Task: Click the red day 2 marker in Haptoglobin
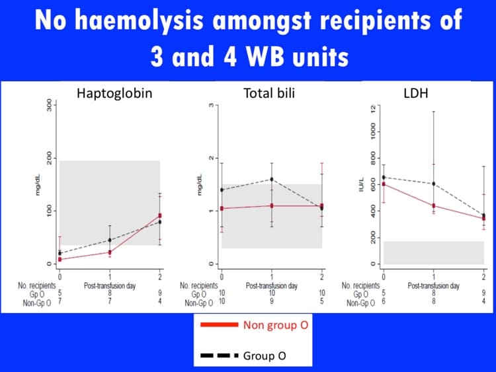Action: (159, 216)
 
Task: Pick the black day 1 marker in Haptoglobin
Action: (110, 240)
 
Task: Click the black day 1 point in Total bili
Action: (272, 179)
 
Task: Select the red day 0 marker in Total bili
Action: (222, 208)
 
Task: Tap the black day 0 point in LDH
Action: (384, 177)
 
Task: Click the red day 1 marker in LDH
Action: (434, 205)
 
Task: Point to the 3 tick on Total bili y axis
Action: (212, 105)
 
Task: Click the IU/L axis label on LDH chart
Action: (362, 186)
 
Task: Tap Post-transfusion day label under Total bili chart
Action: (272, 285)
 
